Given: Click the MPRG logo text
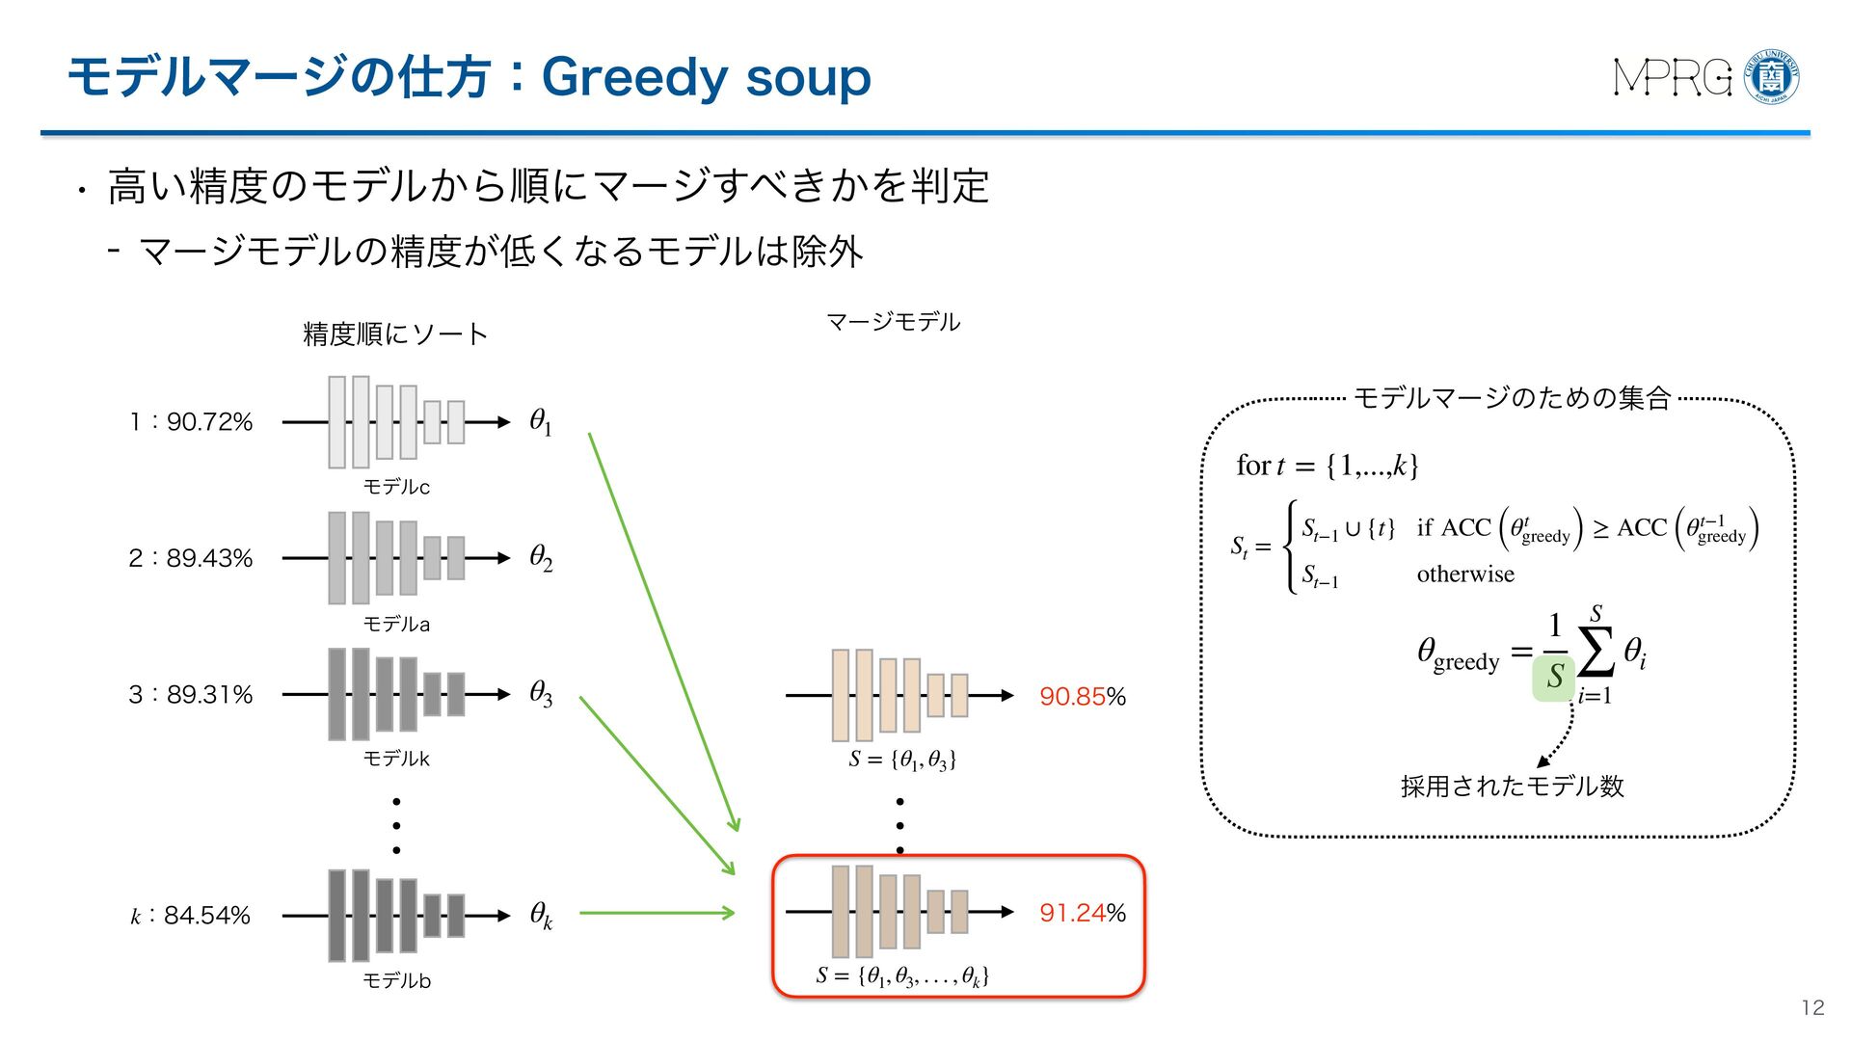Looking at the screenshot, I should point(1673,77).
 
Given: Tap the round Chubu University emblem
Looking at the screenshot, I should point(1772,77).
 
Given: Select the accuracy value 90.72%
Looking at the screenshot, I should point(209,422).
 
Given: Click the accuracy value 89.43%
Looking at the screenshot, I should point(209,558).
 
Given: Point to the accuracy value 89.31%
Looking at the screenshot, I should point(209,695).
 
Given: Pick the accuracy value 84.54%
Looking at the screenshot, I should point(206,916).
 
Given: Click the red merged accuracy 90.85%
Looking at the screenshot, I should point(1082,696).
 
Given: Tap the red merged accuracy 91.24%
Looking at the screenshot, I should point(1082,913).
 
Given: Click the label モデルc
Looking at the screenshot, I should point(396,488).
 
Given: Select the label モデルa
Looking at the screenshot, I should point(396,625).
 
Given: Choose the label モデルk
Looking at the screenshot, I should point(396,760).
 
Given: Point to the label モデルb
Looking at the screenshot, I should point(396,981).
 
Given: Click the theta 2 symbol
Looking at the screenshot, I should point(541,558).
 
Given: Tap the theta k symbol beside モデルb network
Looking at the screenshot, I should point(541,915).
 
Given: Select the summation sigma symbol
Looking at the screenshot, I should point(1596,654).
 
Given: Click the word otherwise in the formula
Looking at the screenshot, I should point(1465,574).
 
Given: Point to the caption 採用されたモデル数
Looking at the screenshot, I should point(1512,787).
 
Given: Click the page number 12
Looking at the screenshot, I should point(1812,1008).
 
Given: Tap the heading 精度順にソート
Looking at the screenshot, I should point(395,334).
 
